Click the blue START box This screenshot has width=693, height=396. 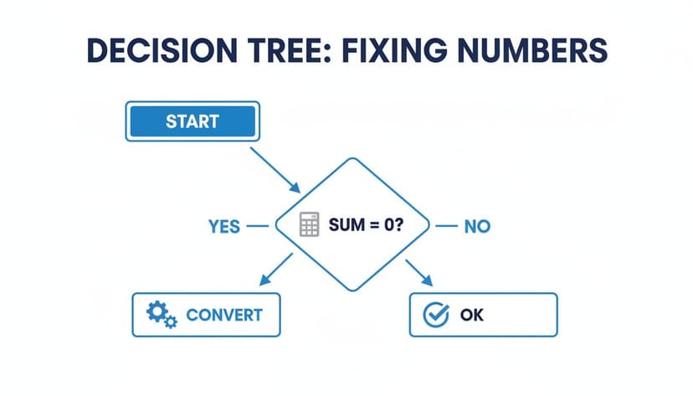coord(192,121)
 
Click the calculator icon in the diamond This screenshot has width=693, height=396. coord(310,225)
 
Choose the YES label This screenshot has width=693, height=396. coord(223,226)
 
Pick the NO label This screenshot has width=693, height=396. coord(477,226)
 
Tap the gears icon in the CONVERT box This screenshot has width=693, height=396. coord(161,315)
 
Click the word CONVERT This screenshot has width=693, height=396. coord(223,316)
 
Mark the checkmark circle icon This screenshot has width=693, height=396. coord(438,316)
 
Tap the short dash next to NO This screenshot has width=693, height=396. coord(446,225)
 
